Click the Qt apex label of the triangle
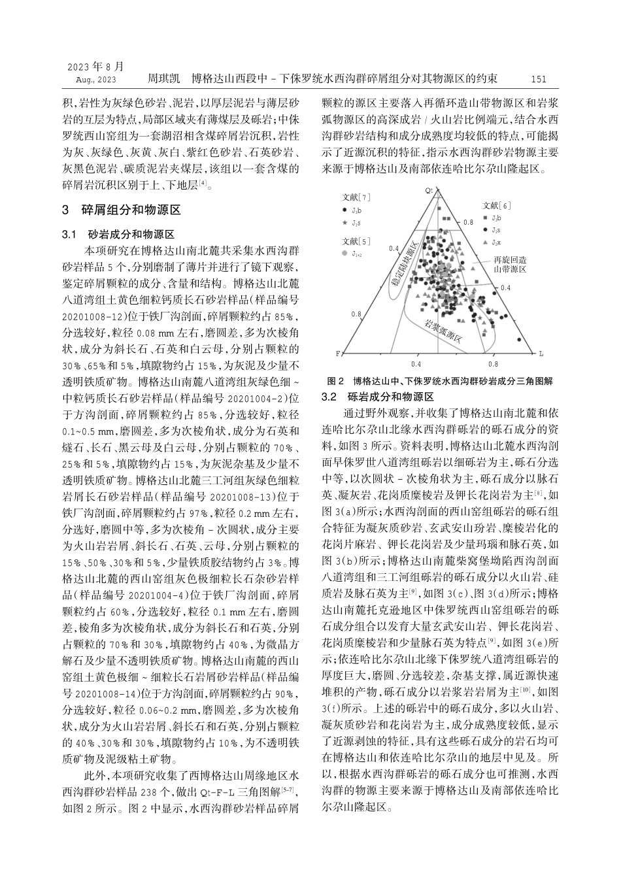(x=429, y=190)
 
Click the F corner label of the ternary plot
(x=339, y=354)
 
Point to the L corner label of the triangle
(x=541, y=354)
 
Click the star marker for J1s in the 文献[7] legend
(x=344, y=222)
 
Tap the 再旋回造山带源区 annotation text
(x=509, y=264)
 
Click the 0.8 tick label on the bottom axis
(x=493, y=364)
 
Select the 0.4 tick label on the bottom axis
(x=416, y=364)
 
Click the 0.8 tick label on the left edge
(x=356, y=314)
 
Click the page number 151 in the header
(x=539, y=79)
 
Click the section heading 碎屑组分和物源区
(x=130, y=210)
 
